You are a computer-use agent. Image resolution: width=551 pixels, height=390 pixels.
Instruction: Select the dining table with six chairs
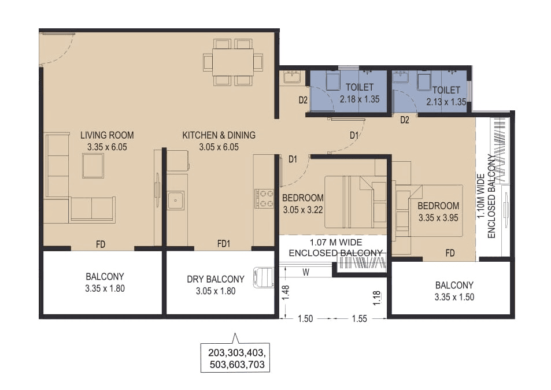pyautogui.click(x=233, y=62)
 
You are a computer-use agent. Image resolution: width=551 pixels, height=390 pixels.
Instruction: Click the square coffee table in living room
pyautogui.click(x=93, y=165)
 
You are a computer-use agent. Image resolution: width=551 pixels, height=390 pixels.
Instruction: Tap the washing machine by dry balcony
pyautogui.click(x=264, y=276)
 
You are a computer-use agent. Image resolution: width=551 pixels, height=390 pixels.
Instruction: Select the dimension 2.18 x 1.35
pyautogui.click(x=356, y=99)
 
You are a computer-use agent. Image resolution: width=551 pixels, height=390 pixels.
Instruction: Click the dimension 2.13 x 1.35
pyautogui.click(x=446, y=102)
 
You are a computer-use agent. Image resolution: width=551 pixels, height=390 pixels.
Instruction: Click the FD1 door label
pyautogui.click(x=224, y=244)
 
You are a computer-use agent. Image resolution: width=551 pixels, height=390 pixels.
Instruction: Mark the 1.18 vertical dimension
pyautogui.click(x=377, y=298)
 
